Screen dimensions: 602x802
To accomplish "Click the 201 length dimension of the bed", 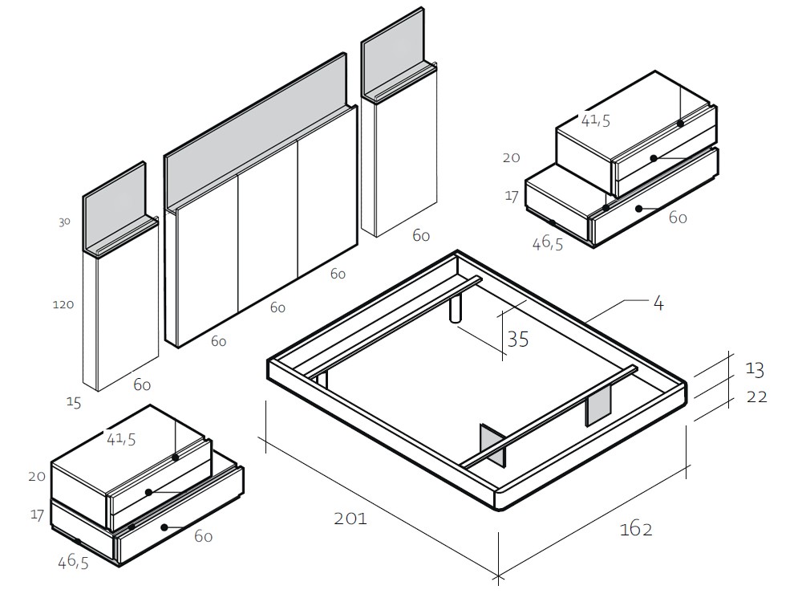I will click(x=350, y=519).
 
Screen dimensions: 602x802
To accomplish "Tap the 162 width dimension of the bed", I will click(x=636, y=529).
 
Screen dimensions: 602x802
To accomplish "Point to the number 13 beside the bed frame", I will click(x=754, y=369).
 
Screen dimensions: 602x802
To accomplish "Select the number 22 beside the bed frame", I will click(x=757, y=397).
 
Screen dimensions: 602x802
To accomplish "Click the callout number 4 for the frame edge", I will click(x=658, y=303).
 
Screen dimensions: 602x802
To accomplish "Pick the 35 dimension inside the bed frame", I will click(x=518, y=340).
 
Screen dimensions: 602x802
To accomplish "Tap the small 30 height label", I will click(x=64, y=222).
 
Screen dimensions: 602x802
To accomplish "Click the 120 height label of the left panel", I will click(x=63, y=305).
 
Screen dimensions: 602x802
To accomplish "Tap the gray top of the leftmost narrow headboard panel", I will click(x=114, y=210).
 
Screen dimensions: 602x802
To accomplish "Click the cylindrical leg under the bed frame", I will click(x=456, y=309).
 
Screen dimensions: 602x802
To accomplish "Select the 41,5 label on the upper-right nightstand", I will click(x=596, y=121).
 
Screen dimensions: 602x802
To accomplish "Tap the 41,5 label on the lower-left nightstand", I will click(x=121, y=438).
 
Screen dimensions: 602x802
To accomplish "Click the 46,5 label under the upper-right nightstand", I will click(x=547, y=243).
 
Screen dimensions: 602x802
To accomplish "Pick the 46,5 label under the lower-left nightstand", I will click(x=73, y=562).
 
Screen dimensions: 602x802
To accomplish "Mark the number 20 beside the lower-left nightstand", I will click(x=37, y=477).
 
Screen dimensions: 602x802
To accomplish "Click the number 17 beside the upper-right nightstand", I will click(x=512, y=196).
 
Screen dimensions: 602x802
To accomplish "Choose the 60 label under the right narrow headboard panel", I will click(x=421, y=235).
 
